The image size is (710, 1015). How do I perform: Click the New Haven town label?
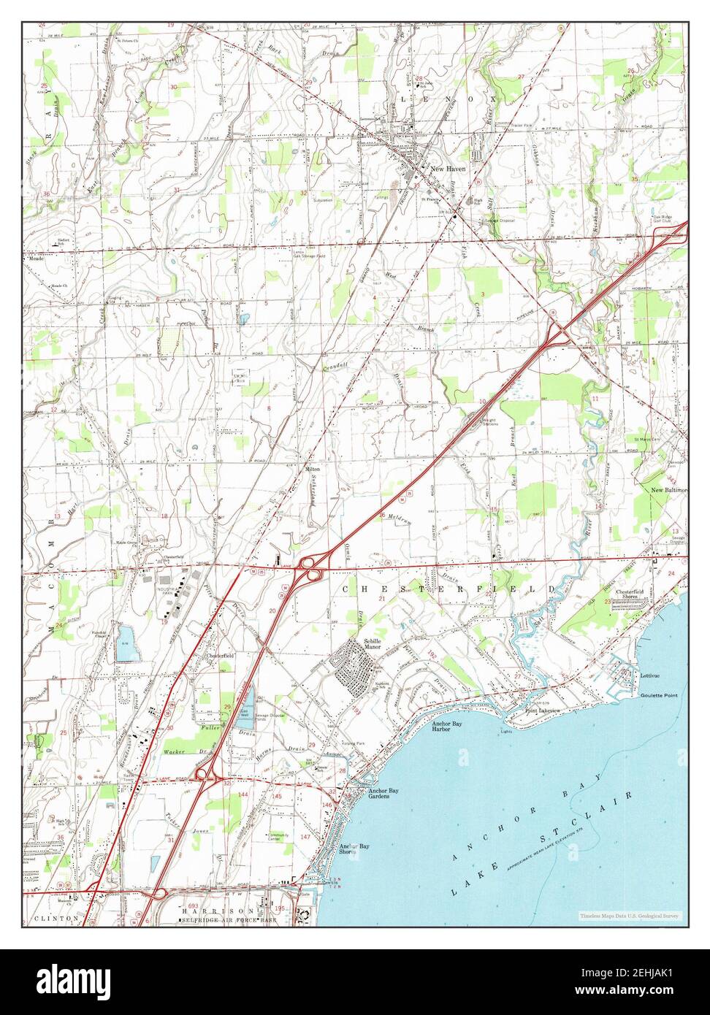click(x=447, y=169)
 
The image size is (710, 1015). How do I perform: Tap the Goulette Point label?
click(x=658, y=695)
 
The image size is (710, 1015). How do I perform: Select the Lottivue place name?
click(x=650, y=676)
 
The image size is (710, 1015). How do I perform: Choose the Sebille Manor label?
click(x=373, y=644)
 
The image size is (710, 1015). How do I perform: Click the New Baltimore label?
click(x=668, y=490)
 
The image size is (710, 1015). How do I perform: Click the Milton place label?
click(x=312, y=468)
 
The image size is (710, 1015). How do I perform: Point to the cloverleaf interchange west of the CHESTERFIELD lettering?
click(x=312, y=568)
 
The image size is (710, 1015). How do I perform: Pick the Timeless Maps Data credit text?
click(x=629, y=915)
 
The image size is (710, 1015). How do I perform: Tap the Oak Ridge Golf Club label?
click(x=663, y=218)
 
